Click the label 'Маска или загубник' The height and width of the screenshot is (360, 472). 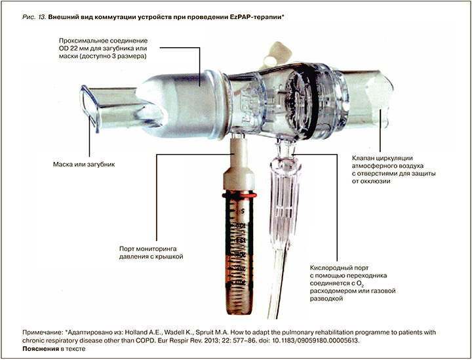[84, 165]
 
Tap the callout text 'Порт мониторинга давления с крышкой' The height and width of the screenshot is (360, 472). [151, 253]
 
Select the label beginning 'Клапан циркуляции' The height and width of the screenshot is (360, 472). [394, 169]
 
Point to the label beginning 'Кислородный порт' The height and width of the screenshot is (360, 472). [353, 283]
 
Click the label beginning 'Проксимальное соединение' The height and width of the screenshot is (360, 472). [104, 49]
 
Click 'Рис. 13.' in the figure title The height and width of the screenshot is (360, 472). [34, 17]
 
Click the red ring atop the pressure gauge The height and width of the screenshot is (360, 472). [239, 195]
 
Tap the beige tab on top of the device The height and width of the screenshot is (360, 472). [277, 55]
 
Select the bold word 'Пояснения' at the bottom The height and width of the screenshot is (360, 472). [41, 349]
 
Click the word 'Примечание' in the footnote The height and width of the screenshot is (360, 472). [42, 333]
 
